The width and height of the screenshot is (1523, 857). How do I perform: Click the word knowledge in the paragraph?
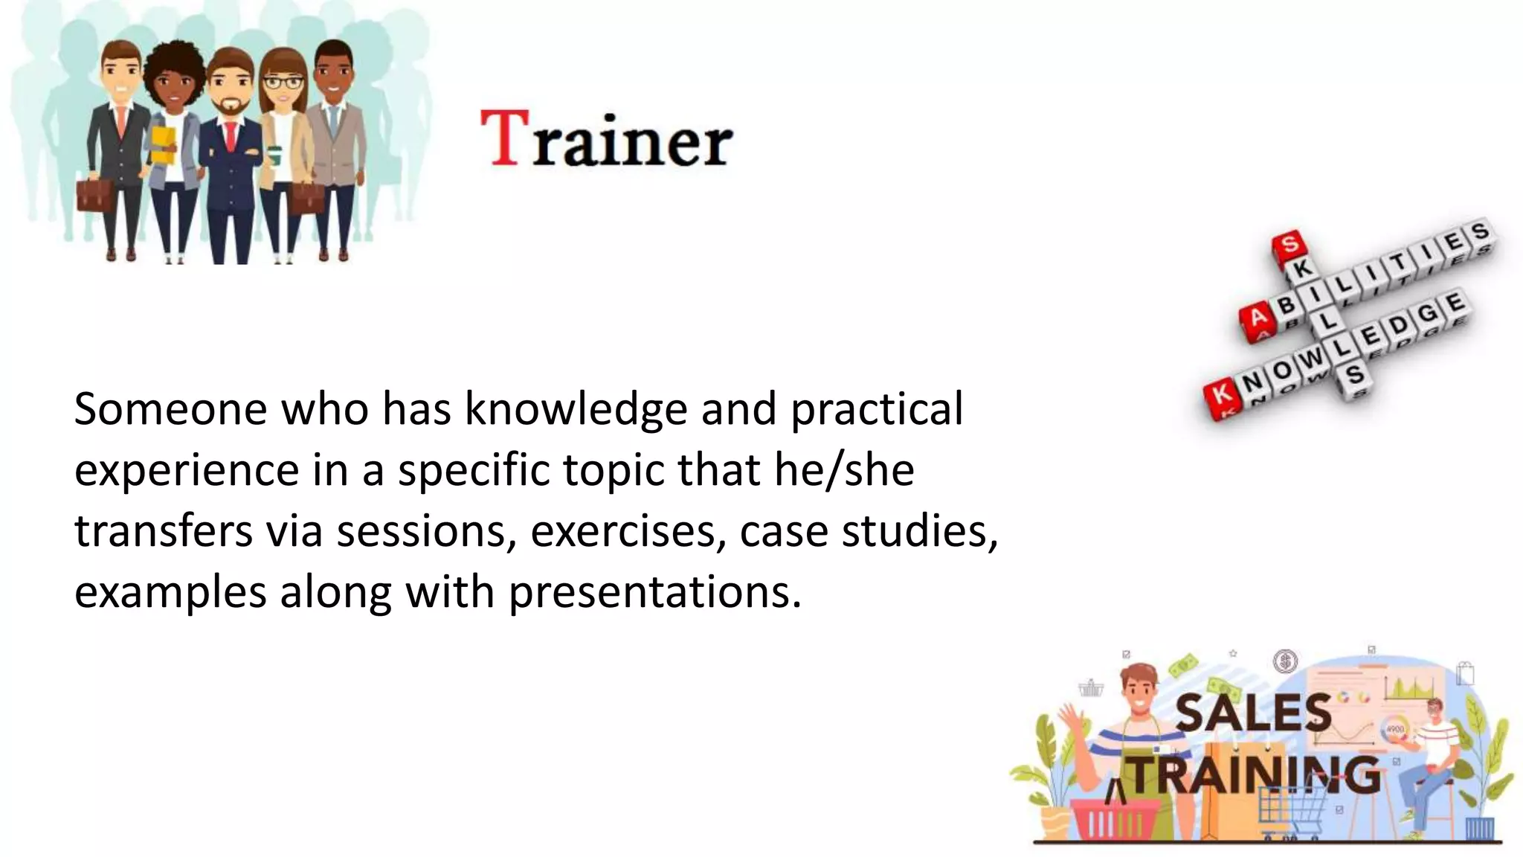(x=576, y=410)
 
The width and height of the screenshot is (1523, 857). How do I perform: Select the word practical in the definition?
(x=876, y=410)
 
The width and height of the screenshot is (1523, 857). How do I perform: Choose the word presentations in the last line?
(x=654, y=593)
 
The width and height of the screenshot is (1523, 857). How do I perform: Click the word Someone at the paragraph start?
(x=170, y=410)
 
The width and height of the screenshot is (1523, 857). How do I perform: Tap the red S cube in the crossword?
(x=1289, y=244)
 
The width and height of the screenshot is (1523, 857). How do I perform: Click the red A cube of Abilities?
(x=1257, y=320)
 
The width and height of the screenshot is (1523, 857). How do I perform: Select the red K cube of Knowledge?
(x=1220, y=394)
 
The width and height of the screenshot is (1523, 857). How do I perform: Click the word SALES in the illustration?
(x=1252, y=712)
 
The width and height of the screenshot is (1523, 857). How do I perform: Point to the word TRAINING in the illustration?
(x=1255, y=775)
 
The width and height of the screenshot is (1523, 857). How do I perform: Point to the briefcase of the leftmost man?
(x=94, y=195)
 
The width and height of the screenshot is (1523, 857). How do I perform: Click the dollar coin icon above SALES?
(x=1284, y=661)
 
